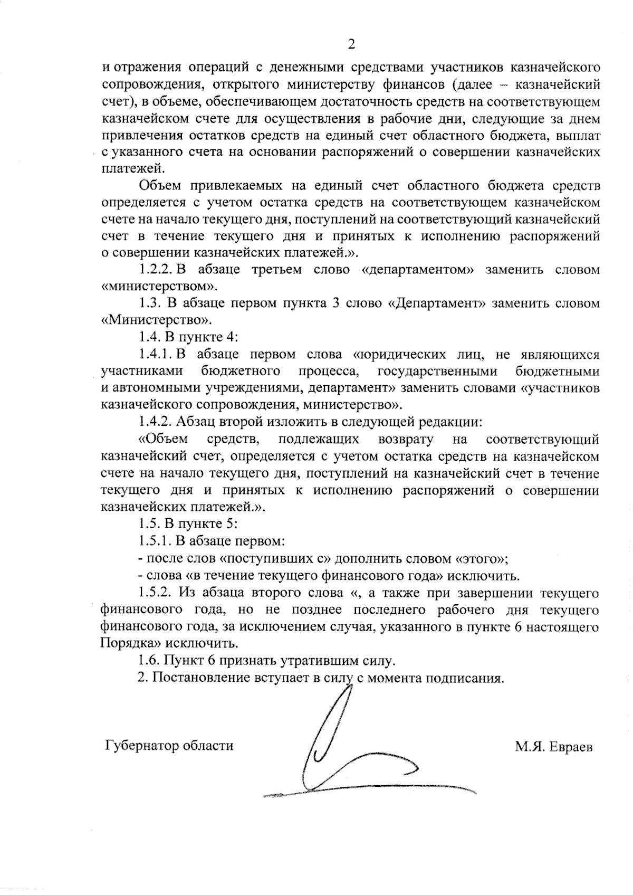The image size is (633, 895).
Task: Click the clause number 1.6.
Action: (x=149, y=661)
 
